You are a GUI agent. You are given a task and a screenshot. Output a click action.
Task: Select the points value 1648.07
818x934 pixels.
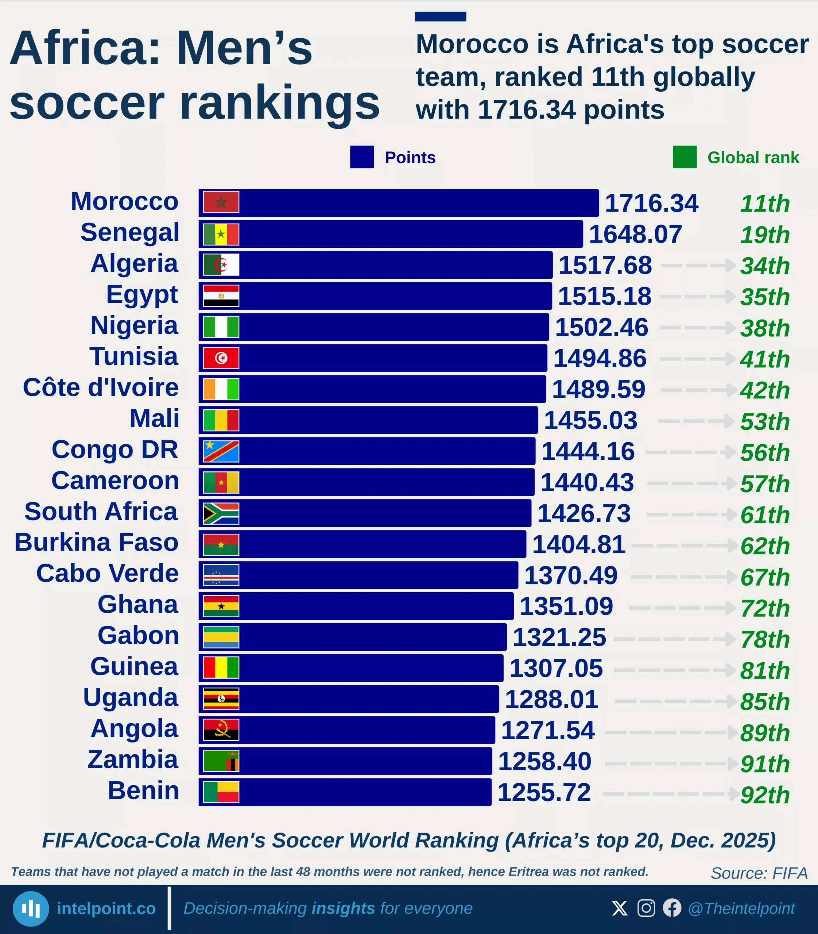coord(635,234)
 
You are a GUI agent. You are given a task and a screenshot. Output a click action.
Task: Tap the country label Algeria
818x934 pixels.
coord(134,263)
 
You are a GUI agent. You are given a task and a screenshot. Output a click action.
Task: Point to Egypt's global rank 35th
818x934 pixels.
coord(765,297)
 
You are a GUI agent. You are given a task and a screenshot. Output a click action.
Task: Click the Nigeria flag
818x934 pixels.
coord(221,327)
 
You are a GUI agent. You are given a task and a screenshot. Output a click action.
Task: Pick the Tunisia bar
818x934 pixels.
coord(392,358)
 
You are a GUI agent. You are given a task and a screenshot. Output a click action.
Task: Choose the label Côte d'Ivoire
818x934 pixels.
coord(101,388)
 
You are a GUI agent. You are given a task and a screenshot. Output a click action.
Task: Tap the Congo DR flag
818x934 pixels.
coord(221,451)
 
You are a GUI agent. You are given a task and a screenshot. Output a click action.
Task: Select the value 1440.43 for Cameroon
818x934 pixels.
coord(587,483)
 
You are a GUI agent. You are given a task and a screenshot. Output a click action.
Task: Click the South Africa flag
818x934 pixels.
coord(221,513)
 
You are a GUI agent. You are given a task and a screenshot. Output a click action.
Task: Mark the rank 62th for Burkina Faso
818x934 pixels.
coord(765,546)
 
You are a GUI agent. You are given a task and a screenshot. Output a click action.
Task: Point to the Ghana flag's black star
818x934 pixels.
coord(221,606)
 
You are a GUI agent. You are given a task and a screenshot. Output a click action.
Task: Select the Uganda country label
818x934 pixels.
coord(131,698)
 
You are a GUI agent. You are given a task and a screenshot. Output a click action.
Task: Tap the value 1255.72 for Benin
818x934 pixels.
coord(544,792)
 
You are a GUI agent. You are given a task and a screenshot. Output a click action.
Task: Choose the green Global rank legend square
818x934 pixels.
coord(684,157)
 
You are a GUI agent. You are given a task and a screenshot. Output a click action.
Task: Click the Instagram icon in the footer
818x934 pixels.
coord(646,908)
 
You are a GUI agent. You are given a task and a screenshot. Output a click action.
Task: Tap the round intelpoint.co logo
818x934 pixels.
coord(31,908)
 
